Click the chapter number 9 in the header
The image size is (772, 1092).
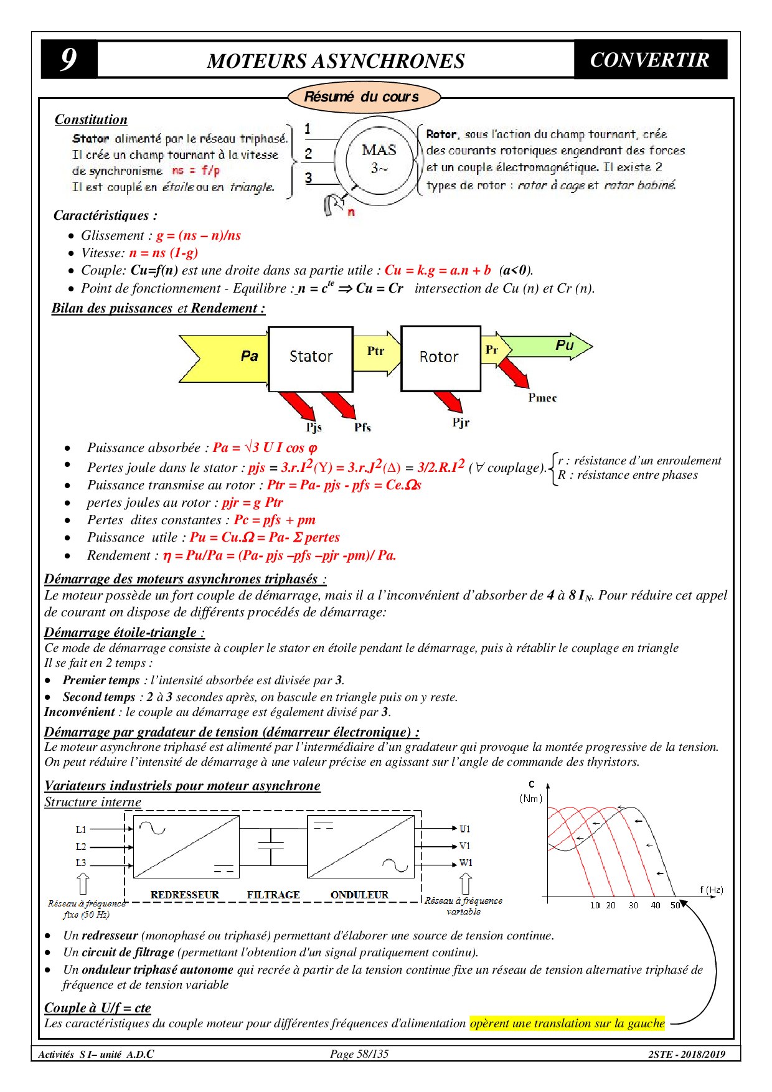[68, 60]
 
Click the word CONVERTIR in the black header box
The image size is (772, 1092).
[649, 60]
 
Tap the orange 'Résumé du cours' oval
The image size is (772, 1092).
[363, 97]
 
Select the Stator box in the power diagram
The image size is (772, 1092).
[311, 358]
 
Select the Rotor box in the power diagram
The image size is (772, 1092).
[440, 358]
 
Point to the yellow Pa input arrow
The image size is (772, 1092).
[230, 357]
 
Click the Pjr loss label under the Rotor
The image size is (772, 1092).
[461, 423]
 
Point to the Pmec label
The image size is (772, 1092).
[542, 398]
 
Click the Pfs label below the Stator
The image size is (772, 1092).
[362, 428]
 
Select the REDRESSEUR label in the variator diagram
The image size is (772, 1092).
[185, 895]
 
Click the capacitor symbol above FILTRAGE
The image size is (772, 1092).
[271, 846]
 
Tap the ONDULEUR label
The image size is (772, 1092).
[359, 895]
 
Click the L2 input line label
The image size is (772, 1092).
[81, 847]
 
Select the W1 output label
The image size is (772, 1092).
[466, 863]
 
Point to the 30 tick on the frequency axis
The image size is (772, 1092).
[633, 905]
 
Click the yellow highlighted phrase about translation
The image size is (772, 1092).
[567, 1024]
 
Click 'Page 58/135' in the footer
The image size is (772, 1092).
[359, 1054]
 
